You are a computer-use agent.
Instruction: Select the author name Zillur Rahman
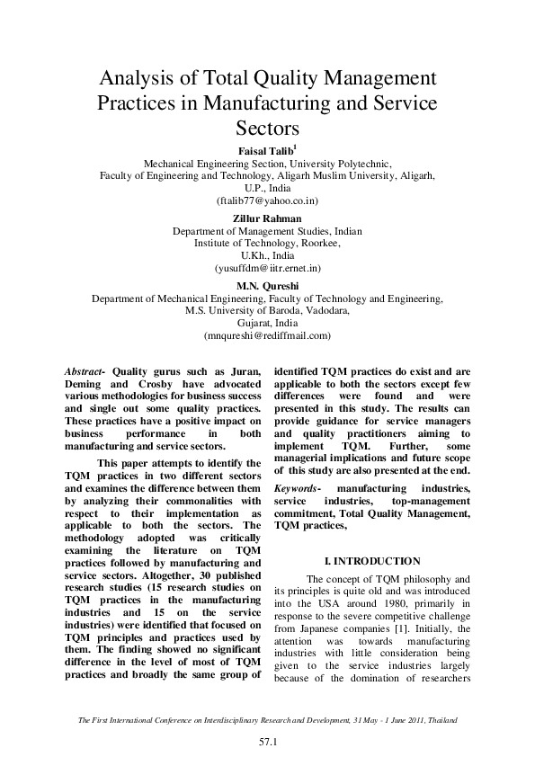(x=267, y=218)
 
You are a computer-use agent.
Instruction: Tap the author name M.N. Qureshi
(x=267, y=285)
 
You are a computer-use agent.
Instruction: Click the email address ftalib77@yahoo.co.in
(x=267, y=202)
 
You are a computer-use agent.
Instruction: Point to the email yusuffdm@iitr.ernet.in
(x=267, y=269)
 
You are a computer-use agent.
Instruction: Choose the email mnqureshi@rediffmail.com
(x=267, y=335)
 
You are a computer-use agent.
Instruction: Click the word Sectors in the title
(x=267, y=129)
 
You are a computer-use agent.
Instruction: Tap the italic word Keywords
(x=298, y=488)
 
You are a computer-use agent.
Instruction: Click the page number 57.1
(x=267, y=742)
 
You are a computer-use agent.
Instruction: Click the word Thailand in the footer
(x=440, y=721)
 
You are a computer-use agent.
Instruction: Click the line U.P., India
(x=267, y=190)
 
